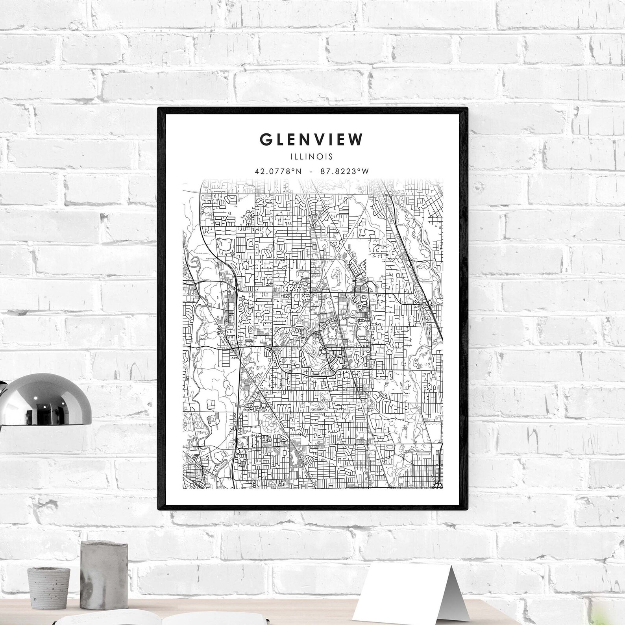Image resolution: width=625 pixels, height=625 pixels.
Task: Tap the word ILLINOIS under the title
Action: tap(311, 157)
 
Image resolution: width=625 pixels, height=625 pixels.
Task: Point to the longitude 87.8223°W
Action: tap(344, 171)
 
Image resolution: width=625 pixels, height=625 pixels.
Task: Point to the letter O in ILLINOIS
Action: tap(321, 157)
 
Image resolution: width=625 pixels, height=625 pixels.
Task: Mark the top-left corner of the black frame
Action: tap(159, 108)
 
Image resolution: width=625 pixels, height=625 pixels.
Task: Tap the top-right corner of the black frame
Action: tap(467, 108)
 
